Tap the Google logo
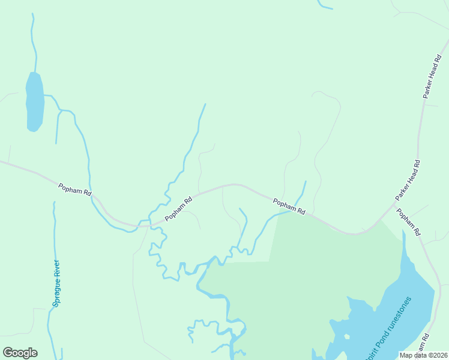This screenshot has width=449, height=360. point(20,353)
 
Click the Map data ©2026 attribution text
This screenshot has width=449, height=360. point(423,355)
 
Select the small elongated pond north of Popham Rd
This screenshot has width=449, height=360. point(34,101)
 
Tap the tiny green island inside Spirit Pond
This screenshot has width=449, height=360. point(348,335)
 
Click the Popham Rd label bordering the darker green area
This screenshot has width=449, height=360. point(289,206)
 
